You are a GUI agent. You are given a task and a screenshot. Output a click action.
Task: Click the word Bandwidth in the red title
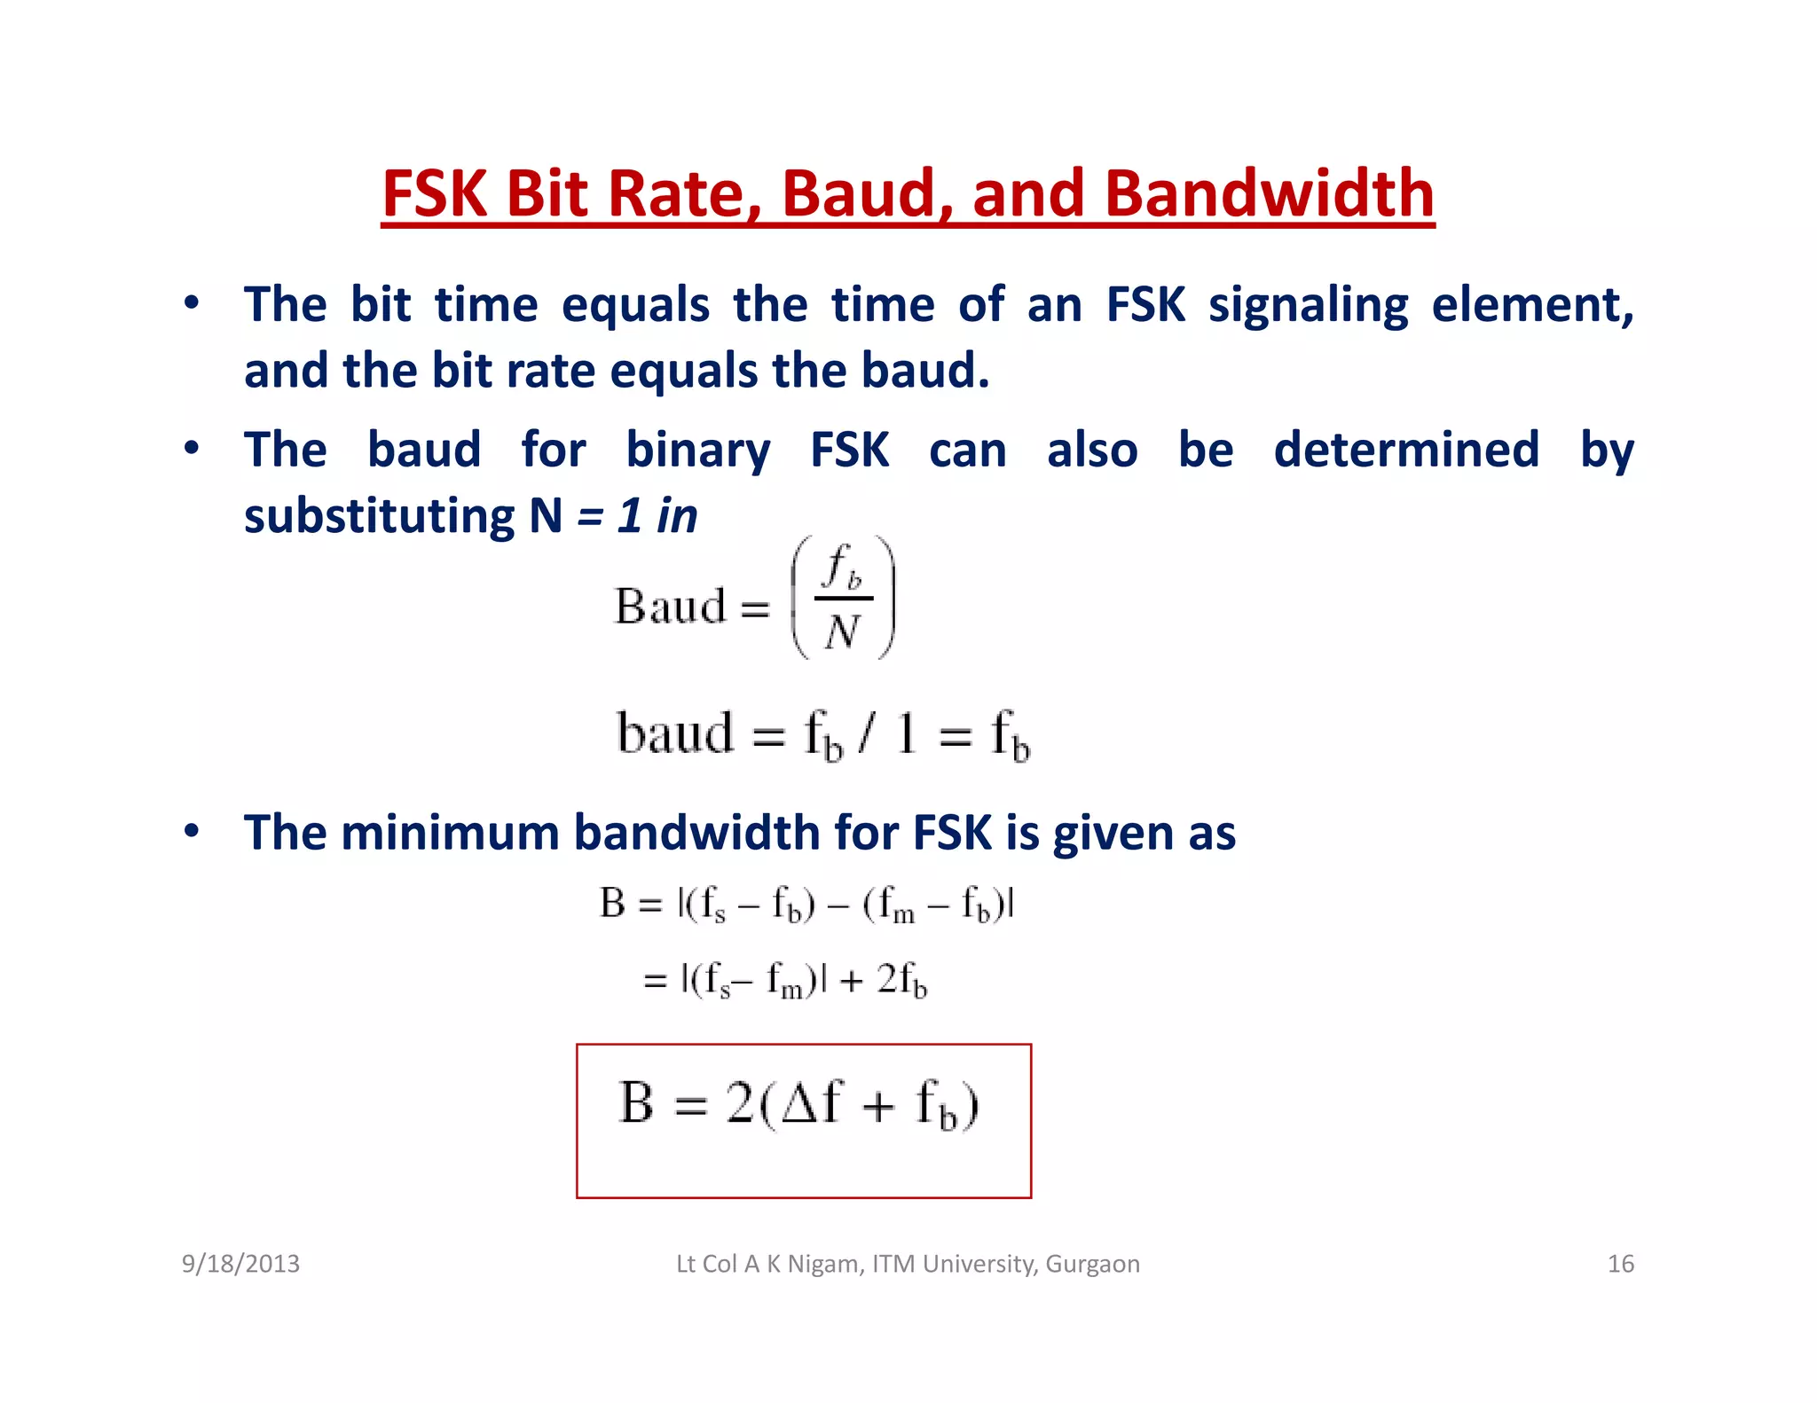click(1270, 193)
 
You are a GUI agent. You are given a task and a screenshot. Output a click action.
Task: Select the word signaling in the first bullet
click(1308, 306)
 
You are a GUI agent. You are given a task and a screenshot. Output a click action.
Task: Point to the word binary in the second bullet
click(697, 451)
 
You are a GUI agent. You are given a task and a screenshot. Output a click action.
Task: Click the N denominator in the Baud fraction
click(841, 632)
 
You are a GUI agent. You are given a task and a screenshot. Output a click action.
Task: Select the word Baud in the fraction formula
click(671, 607)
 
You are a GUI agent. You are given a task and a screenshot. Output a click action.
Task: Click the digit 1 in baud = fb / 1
click(905, 734)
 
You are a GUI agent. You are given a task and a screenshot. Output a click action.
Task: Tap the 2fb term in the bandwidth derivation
click(901, 981)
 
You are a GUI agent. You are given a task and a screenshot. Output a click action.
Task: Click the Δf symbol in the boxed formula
click(810, 1103)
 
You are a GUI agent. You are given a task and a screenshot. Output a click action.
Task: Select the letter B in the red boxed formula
click(636, 1103)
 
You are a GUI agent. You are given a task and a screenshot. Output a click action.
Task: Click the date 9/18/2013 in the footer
click(240, 1264)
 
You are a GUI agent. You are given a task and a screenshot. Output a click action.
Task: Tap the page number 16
click(1620, 1264)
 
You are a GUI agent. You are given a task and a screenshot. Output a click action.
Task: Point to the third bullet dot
click(191, 832)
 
